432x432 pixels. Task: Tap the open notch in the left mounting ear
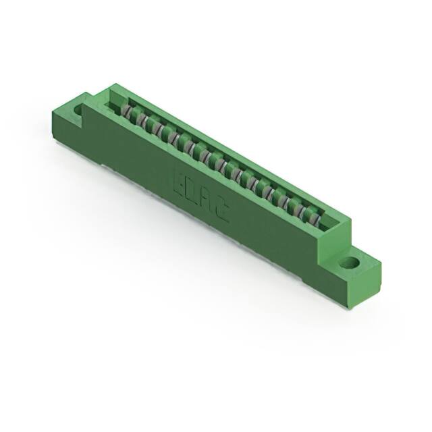click(x=78, y=110)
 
